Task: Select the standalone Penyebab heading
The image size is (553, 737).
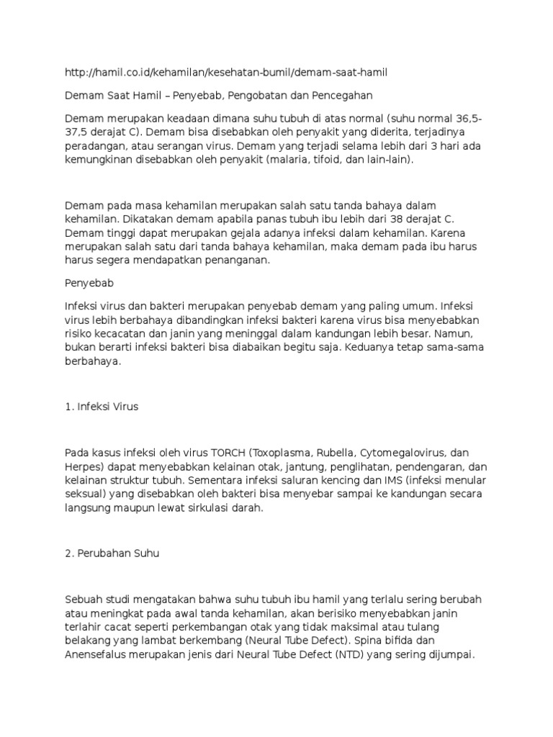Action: (90, 284)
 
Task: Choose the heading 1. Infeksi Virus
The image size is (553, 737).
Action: (102, 407)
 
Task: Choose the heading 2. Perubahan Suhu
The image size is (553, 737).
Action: (112, 553)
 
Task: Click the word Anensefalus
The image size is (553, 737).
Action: (96, 655)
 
